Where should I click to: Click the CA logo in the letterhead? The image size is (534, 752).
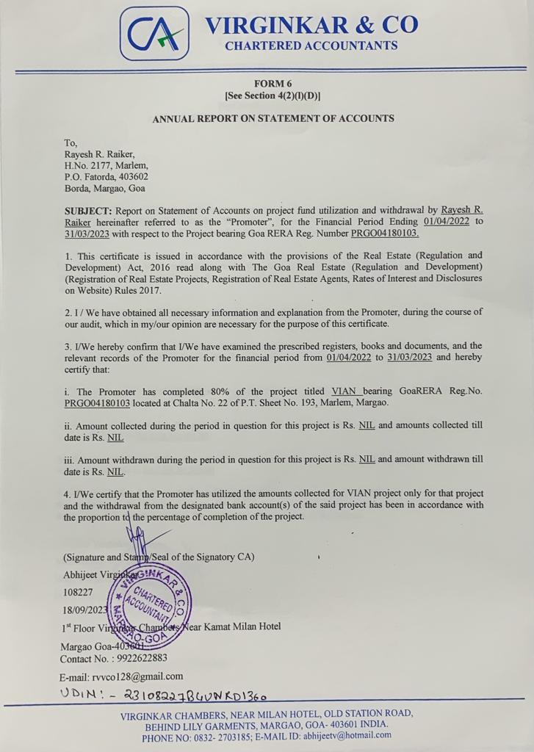click(x=154, y=33)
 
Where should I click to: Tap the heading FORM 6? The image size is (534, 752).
click(x=273, y=84)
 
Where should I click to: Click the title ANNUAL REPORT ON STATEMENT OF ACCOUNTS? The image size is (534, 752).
click(x=273, y=118)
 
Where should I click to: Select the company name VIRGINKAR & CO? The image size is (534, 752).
click(x=311, y=25)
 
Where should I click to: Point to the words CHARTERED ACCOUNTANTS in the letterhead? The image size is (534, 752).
click(x=311, y=46)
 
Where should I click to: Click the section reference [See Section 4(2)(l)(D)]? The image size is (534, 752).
click(x=273, y=96)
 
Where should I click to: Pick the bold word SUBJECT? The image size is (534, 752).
click(x=87, y=211)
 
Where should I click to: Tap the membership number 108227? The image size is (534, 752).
click(x=79, y=591)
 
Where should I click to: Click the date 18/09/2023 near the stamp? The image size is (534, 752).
click(x=85, y=610)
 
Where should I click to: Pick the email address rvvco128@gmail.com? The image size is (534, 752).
click(x=137, y=676)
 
